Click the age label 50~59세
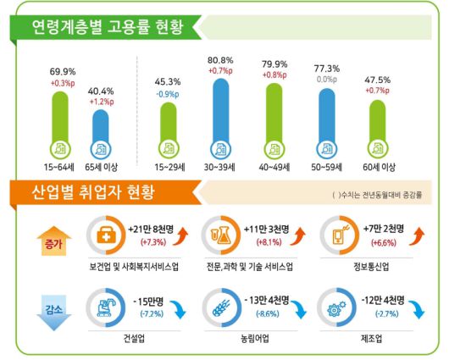click(327, 158)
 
